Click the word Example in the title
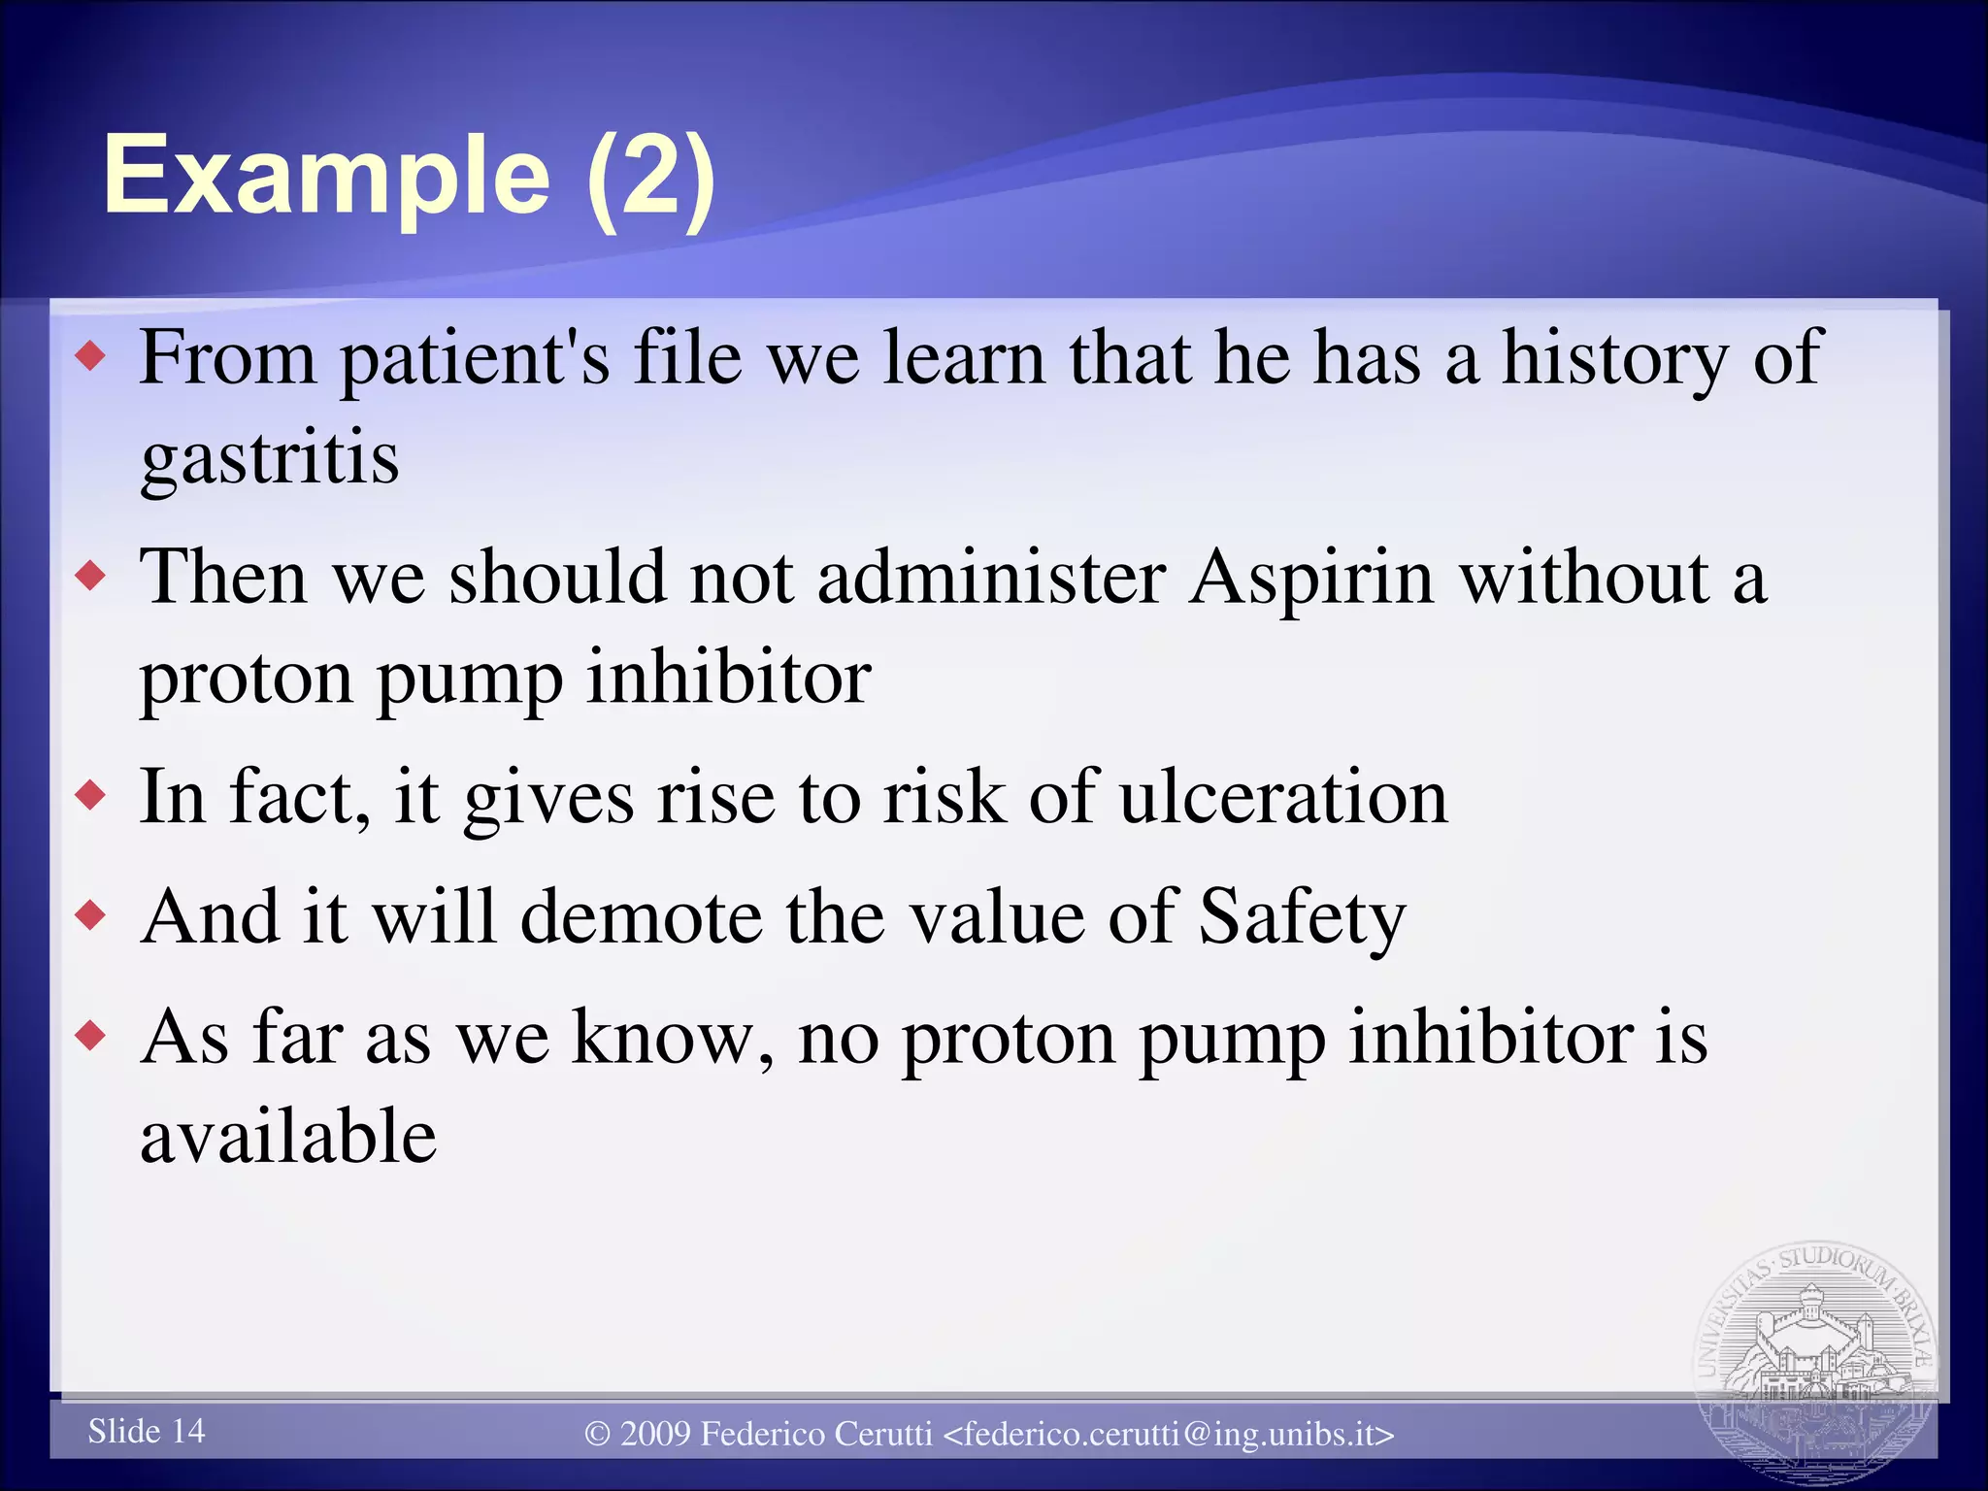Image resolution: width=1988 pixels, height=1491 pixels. click(x=326, y=177)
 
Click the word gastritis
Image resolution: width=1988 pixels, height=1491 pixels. click(x=269, y=458)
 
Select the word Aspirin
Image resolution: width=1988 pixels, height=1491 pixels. click(x=1311, y=579)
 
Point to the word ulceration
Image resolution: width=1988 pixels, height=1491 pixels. click(x=1282, y=798)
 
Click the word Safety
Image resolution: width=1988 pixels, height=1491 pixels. click(x=1302, y=918)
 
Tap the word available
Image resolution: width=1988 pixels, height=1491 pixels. click(x=288, y=1136)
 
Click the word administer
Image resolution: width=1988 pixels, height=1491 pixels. click(x=991, y=579)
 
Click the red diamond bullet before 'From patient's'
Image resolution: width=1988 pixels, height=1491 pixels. click(x=90, y=358)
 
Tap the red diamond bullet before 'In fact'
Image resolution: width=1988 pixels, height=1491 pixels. click(x=90, y=796)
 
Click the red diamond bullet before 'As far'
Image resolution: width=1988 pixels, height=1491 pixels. click(x=90, y=1036)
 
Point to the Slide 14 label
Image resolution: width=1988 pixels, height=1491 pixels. click(x=147, y=1431)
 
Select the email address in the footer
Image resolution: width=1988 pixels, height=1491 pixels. click(x=1169, y=1434)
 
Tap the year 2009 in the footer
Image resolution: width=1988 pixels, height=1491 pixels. click(x=654, y=1434)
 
